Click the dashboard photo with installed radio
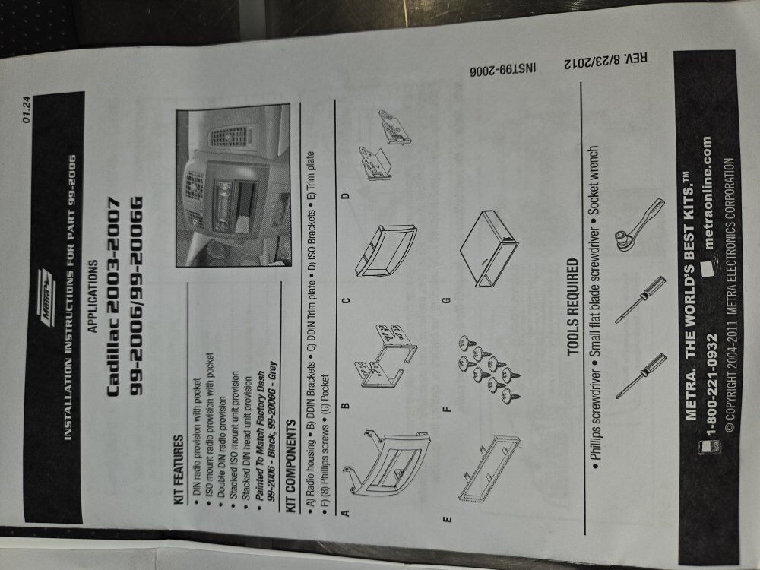[x=233, y=185]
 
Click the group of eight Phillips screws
[x=486, y=369]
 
